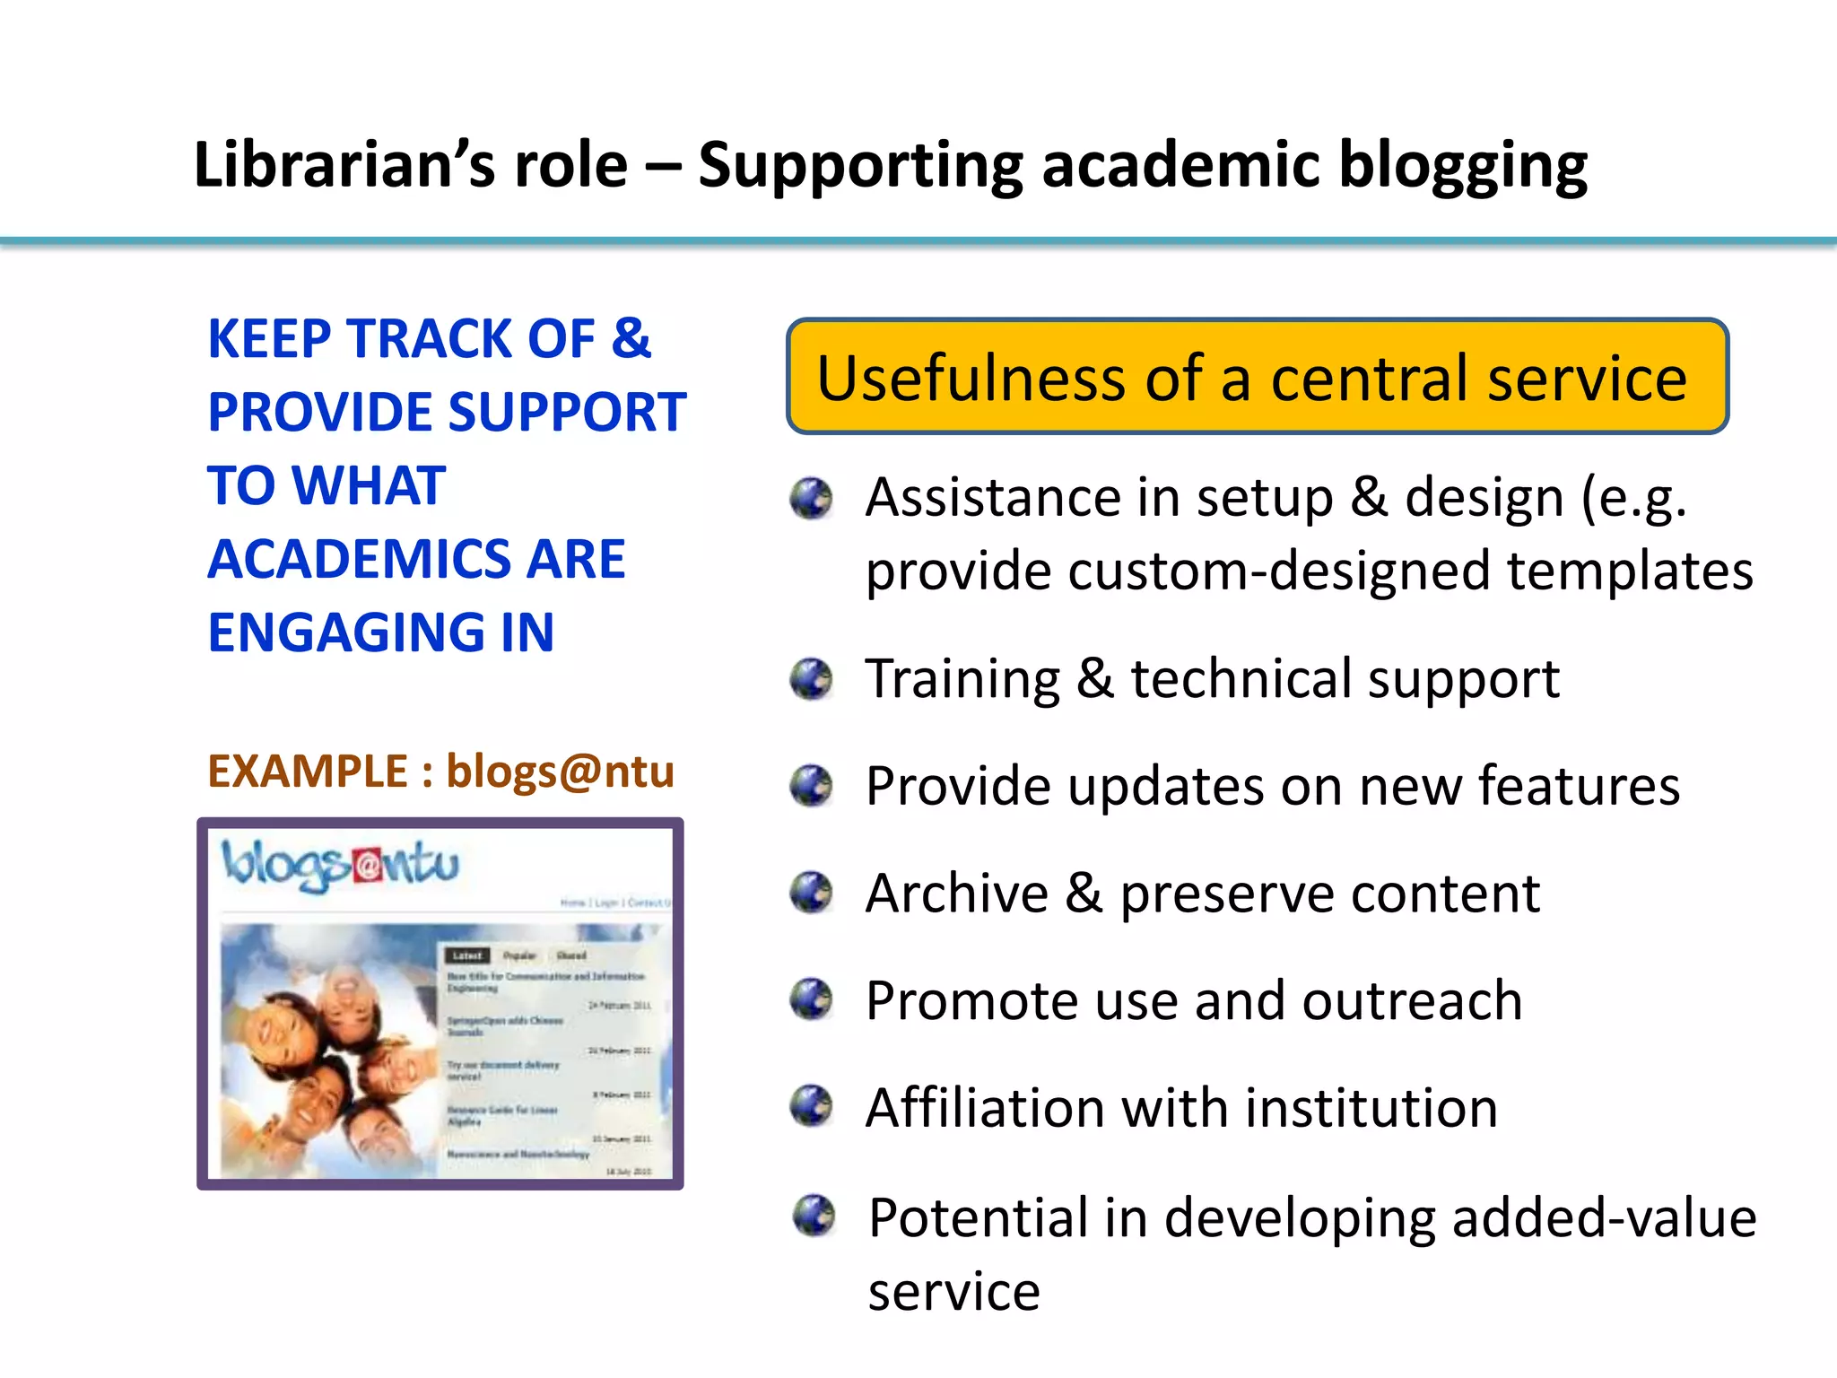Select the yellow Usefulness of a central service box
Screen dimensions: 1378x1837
tap(1257, 377)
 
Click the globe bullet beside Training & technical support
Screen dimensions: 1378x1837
tap(812, 679)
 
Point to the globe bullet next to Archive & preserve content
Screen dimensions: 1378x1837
tap(812, 893)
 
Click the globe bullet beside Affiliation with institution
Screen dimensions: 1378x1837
tap(812, 1106)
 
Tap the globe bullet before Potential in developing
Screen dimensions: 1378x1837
tap(814, 1216)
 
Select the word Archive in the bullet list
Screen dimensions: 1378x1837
tap(956, 894)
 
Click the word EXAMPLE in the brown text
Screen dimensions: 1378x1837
tap(308, 772)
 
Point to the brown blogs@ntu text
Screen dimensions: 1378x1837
tap(560, 772)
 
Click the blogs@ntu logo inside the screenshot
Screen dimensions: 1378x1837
tap(341, 865)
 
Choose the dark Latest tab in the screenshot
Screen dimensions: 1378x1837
tap(467, 955)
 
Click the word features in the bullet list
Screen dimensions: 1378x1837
tap(1578, 787)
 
